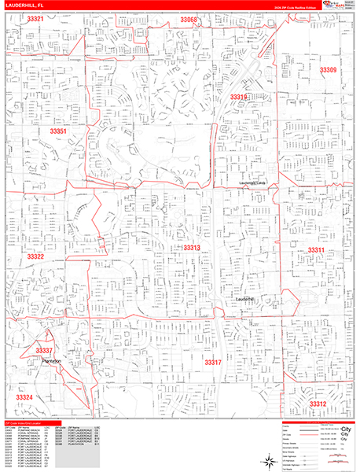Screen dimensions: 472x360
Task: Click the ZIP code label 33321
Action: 35,19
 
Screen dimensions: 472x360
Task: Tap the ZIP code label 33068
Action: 189,19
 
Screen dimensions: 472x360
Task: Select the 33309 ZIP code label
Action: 329,70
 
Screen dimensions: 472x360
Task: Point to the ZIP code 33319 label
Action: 239,97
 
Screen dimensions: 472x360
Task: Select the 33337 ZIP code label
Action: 44,351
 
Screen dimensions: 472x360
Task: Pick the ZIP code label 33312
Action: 318,404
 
